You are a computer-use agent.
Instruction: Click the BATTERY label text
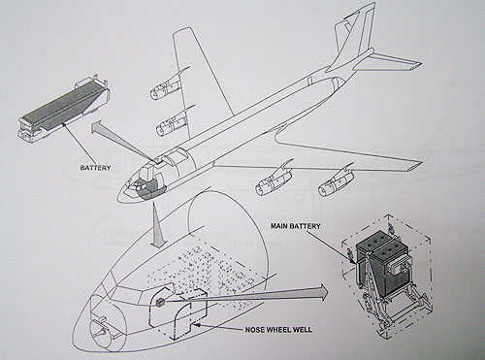95,168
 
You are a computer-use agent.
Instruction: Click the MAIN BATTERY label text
295,226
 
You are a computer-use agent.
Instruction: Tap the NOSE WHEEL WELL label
278,330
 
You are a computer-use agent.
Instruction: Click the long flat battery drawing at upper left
64,109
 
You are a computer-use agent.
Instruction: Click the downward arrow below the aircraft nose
157,225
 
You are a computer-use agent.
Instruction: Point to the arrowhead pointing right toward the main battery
322,290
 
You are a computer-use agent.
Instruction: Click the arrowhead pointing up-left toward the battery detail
98,127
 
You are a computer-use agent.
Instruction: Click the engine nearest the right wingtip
337,183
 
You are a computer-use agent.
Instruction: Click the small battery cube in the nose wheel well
160,303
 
